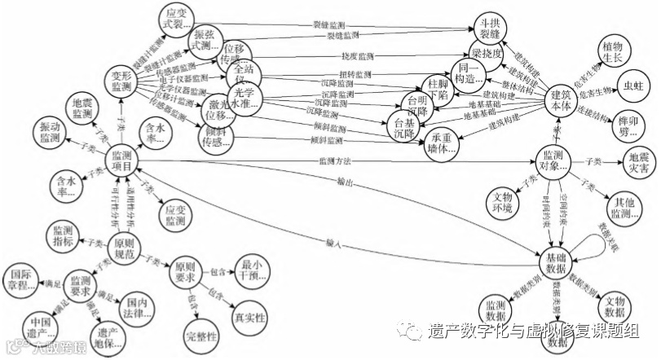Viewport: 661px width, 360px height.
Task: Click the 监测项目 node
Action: click(x=124, y=160)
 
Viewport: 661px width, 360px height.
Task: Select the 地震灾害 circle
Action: click(x=639, y=163)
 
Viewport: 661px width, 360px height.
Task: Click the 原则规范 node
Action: click(x=129, y=248)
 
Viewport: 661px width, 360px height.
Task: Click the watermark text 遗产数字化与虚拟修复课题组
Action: click(x=535, y=331)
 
